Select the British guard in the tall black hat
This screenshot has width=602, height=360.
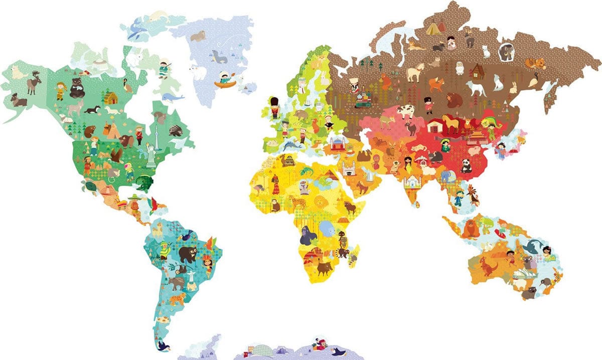(274, 107)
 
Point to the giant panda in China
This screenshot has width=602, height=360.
(467, 165)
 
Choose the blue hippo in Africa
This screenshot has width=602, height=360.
(327, 230)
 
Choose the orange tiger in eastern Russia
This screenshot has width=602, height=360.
(535, 63)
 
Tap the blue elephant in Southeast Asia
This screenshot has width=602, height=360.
(446, 176)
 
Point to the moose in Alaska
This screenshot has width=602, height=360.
(34, 82)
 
